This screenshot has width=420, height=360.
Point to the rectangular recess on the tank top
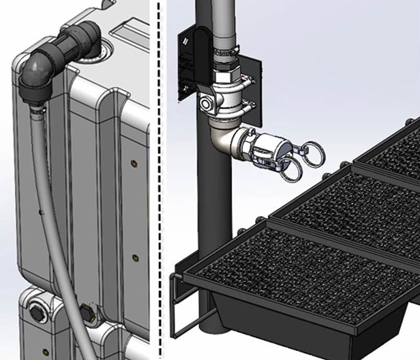point(128,37)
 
